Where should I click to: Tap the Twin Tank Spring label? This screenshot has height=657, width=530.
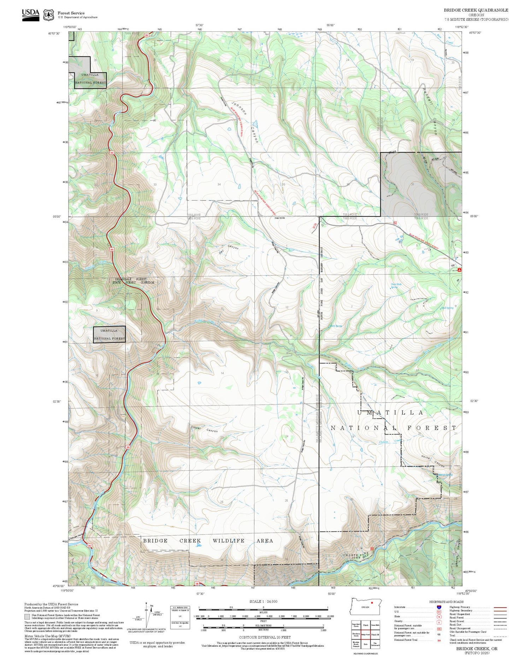tap(396, 286)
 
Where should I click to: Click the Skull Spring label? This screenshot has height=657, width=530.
tap(447, 308)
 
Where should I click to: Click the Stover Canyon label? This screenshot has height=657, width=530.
tap(204, 429)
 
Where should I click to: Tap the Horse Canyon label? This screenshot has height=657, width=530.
tap(433, 461)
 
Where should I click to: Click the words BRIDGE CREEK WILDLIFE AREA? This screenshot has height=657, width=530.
tap(208, 541)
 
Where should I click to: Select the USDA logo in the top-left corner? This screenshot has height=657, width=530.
tap(31, 14)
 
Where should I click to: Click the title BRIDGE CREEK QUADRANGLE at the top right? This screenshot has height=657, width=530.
tap(476, 10)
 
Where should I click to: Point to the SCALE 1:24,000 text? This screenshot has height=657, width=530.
tap(263, 601)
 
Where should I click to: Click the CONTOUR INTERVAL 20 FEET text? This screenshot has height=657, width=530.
tap(265, 637)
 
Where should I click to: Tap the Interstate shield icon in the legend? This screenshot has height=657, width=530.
tap(439, 607)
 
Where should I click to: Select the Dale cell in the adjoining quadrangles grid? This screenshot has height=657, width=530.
tap(365, 644)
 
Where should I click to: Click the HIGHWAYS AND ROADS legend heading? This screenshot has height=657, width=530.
tap(446, 602)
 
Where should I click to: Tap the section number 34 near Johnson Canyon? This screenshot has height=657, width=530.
tap(219, 185)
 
